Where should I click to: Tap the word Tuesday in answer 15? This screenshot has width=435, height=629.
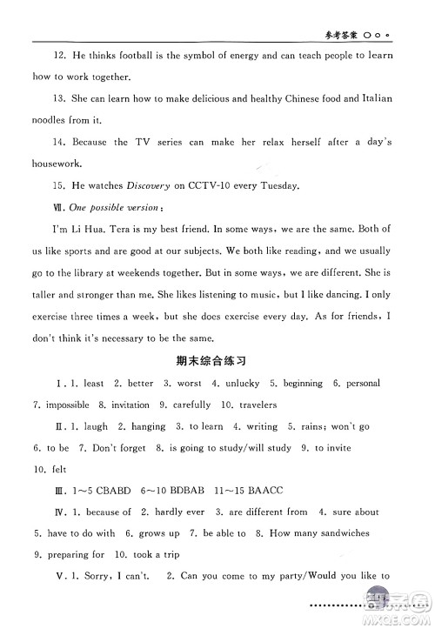(x=277, y=185)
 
